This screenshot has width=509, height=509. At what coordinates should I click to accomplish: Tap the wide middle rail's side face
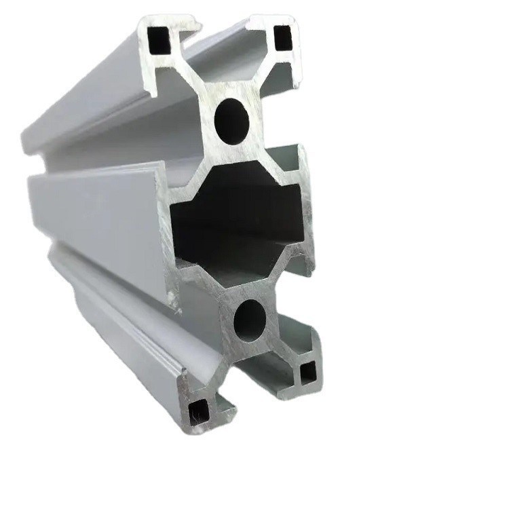pyautogui.click(x=95, y=210)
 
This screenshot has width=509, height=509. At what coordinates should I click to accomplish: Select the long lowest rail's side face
pyautogui.click(x=129, y=326)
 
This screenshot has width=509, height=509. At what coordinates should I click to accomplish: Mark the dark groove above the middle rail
pyautogui.click(x=102, y=163)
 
